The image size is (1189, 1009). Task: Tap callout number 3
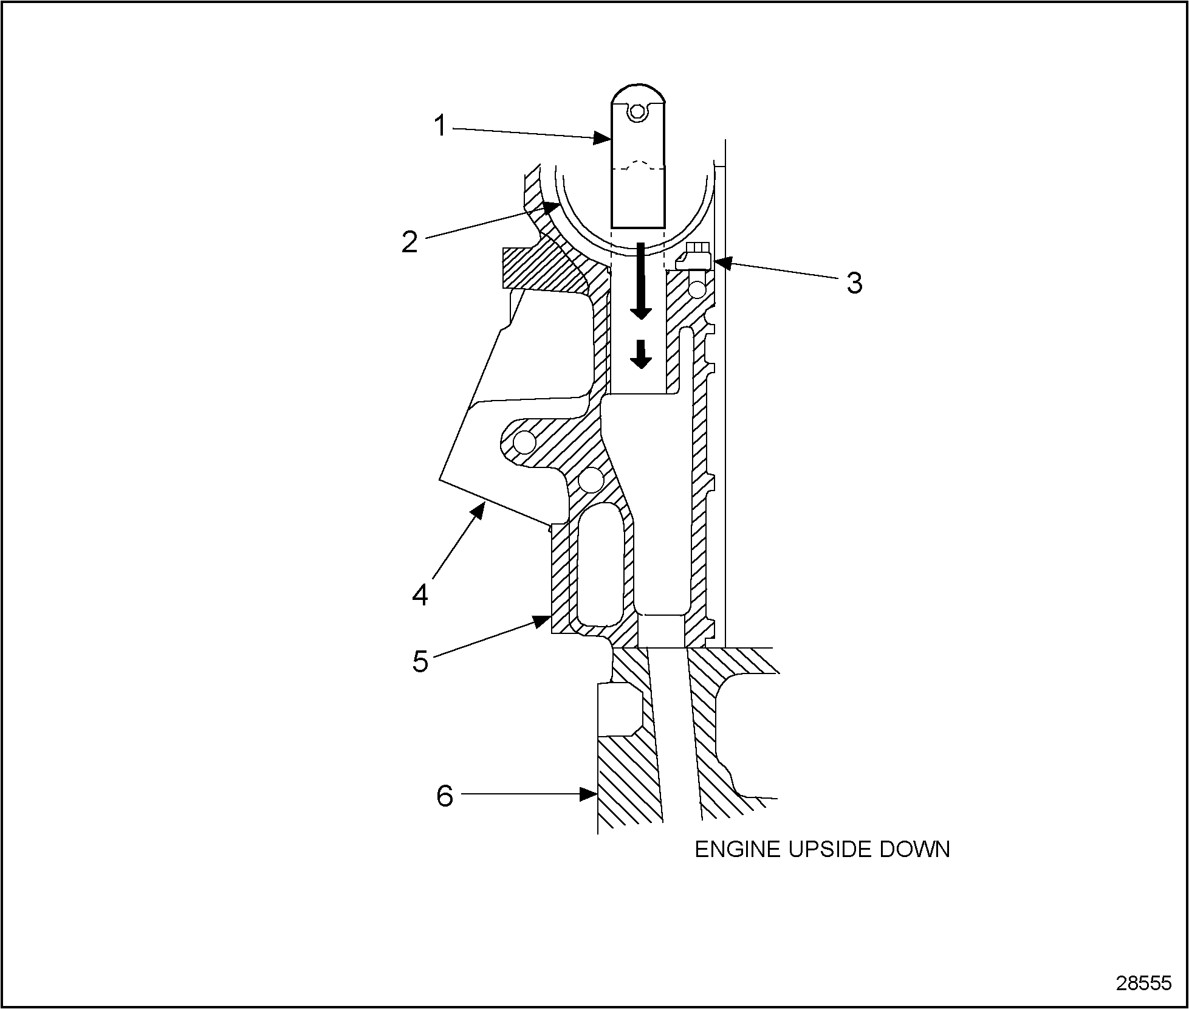[x=854, y=283]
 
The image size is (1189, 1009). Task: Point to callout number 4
[x=420, y=594]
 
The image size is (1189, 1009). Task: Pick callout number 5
[x=420, y=661]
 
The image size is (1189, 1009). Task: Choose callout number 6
[x=445, y=795]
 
